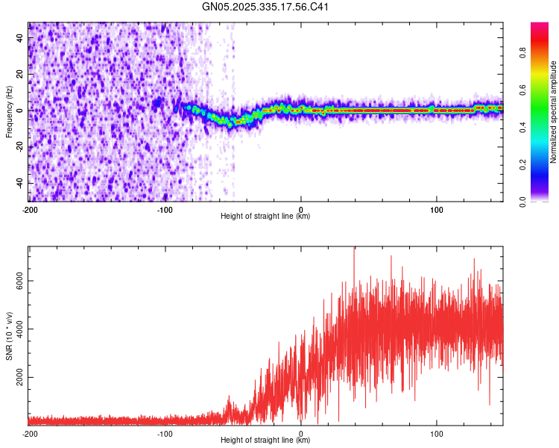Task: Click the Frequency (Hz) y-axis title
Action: pos(9,112)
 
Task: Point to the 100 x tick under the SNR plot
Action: pos(437,433)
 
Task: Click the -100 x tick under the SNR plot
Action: pos(165,433)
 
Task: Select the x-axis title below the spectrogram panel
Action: pos(265,217)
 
